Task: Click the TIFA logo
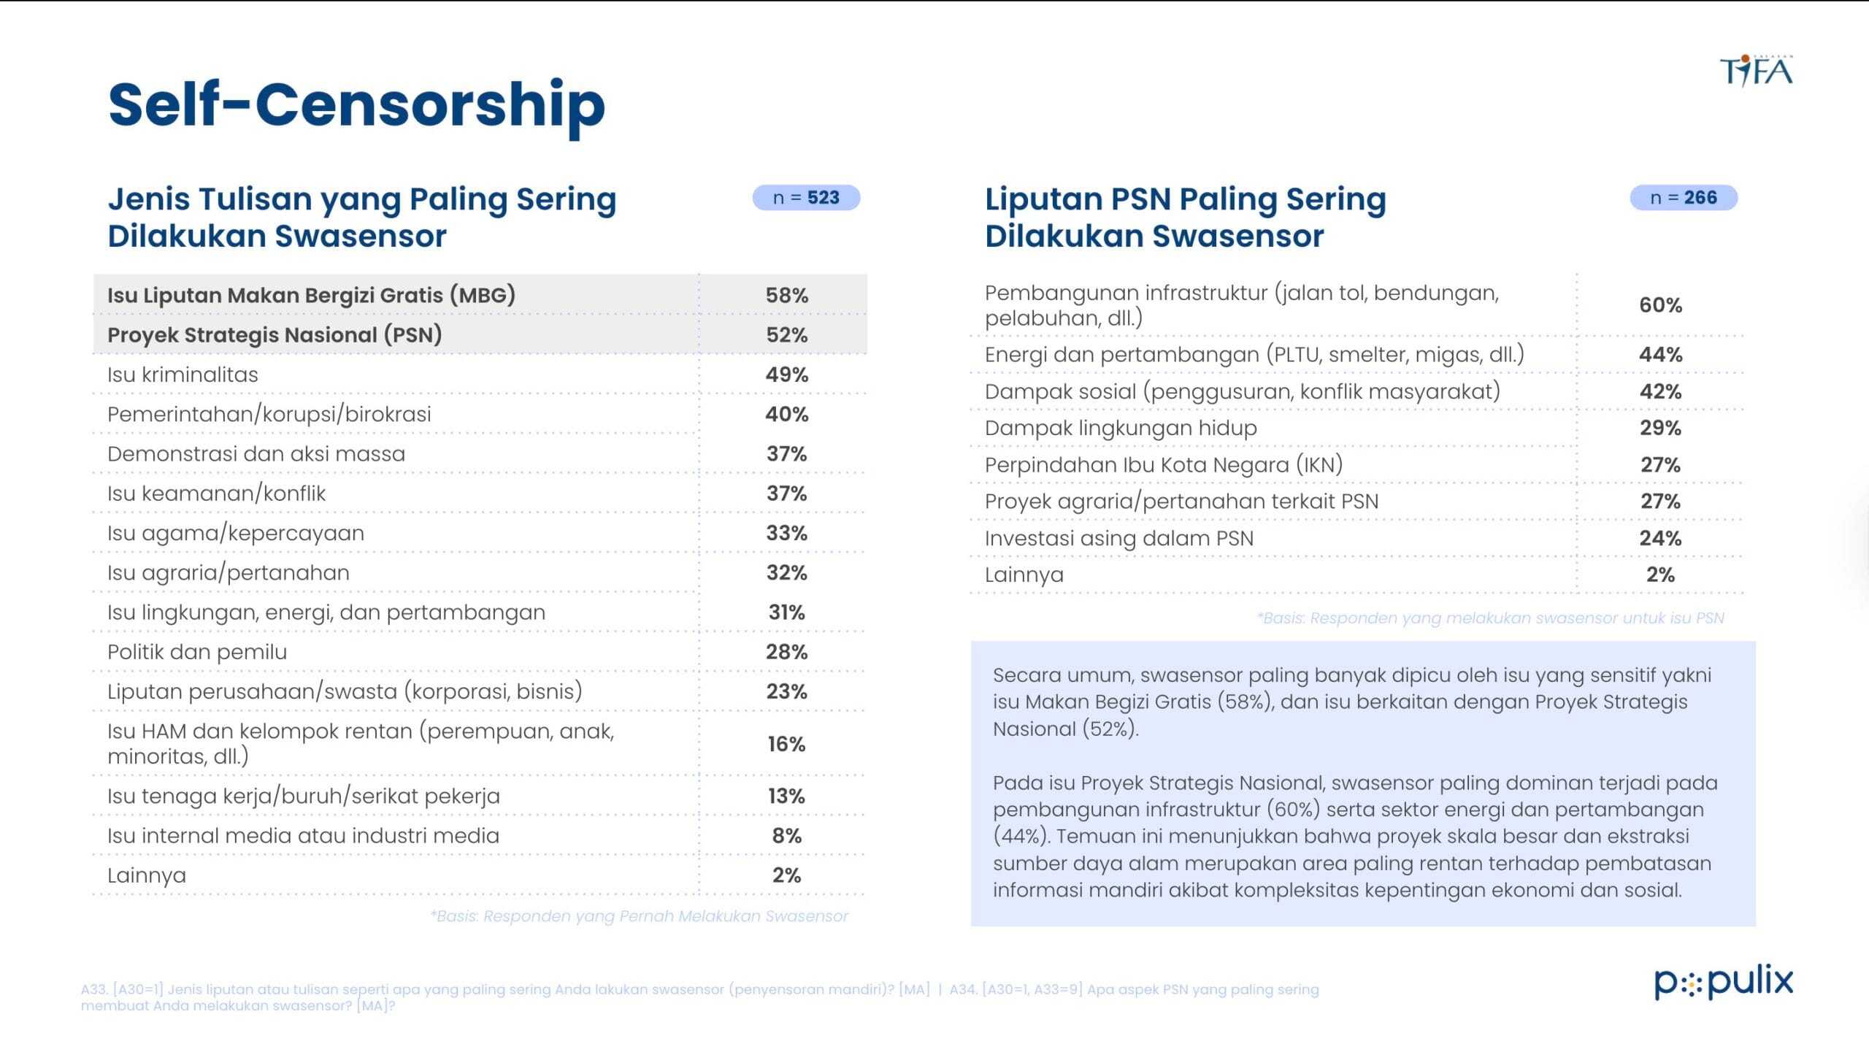point(1756,71)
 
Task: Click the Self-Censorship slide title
point(356,104)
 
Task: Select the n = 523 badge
point(806,198)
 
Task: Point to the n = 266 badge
point(1684,198)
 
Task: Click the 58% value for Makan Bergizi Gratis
point(786,296)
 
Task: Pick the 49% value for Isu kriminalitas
point(786,375)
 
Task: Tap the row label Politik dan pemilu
point(197,652)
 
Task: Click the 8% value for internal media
point(786,836)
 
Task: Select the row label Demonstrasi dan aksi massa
point(256,454)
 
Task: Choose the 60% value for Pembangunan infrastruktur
point(1660,305)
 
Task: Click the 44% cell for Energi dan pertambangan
point(1660,355)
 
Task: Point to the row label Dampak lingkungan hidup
point(1121,429)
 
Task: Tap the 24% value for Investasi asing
point(1660,539)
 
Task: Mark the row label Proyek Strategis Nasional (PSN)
point(275,335)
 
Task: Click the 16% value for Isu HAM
point(786,744)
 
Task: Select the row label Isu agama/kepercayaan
point(235,534)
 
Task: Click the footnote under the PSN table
point(1490,618)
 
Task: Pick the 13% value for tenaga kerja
point(786,796)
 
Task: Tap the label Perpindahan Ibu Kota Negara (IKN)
point(1163,465)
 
